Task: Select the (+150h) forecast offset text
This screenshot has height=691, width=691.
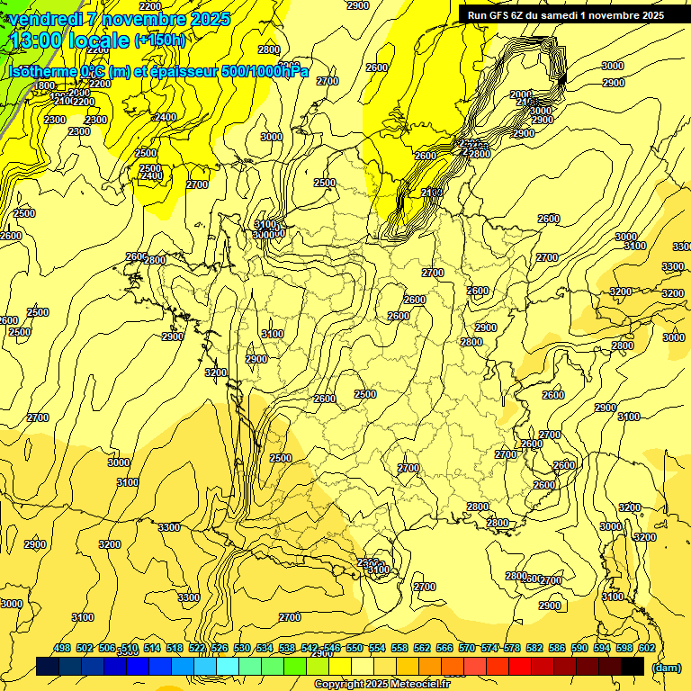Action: click(160, 40)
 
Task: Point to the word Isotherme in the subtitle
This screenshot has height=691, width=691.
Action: click(41, 71)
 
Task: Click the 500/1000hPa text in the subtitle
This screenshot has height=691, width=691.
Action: click(267, 71)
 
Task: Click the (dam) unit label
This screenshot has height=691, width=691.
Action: click(665, 667)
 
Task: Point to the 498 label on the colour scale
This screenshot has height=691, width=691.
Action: click(62, 649)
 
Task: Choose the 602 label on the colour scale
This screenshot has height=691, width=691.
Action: click(646, 649)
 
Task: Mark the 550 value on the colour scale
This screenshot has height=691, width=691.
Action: click(354, 649)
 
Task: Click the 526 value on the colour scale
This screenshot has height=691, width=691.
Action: click(220, 649)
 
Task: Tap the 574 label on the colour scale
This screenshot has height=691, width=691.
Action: click(489, 649)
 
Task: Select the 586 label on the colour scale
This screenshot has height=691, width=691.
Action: click(557, 649)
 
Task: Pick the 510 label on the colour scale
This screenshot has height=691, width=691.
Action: click(130, 649)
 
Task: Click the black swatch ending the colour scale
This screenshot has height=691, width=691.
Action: click(633, 666)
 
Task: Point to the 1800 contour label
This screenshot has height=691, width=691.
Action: click(44, 85)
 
